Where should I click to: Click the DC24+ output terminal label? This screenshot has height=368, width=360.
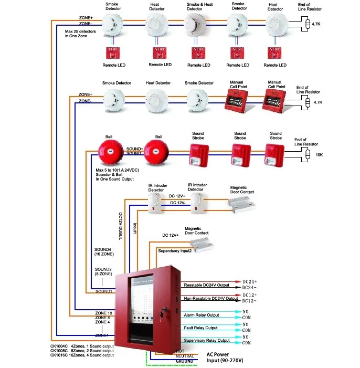(x=249, y=281)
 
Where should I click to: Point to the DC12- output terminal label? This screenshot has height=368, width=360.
(x=249, y=301)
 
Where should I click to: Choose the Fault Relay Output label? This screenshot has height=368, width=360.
(x=201, y=328)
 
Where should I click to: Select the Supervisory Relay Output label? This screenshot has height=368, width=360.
(x=207, y=340)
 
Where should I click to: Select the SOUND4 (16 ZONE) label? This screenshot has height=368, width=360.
(x=103, y=252)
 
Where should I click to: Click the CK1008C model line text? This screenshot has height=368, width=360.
(x=81, y=350)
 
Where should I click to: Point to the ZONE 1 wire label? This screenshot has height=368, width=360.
(x=103, y=334)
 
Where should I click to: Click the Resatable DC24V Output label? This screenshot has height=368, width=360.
(x=207, y=285)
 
